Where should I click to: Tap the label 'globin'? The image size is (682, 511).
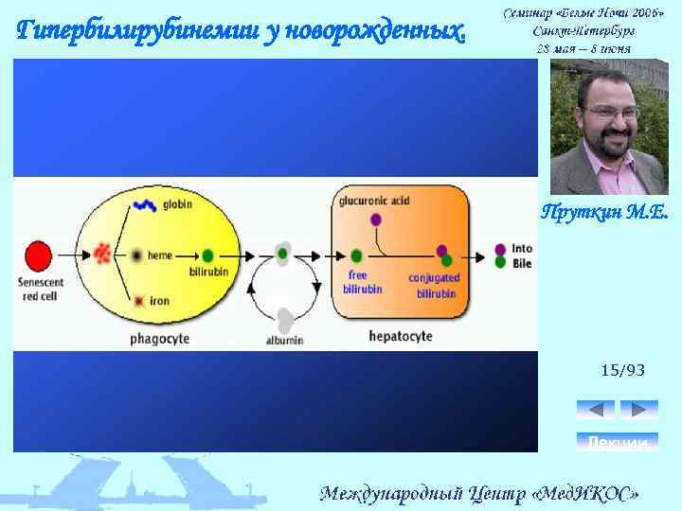click(177, 204)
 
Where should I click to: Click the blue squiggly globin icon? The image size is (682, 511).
click(145, 204)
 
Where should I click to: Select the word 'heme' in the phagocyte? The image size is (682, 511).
click(160, 255)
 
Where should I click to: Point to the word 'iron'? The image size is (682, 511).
click(159, 301)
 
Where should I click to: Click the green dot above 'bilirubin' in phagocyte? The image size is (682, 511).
click(206, 255)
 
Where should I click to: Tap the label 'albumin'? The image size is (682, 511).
click(284, 340)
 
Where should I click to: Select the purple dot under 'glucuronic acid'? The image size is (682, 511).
click(376, 220)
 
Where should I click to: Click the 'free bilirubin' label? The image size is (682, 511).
click(362, 282)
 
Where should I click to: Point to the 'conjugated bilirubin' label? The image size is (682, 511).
click(435, 285)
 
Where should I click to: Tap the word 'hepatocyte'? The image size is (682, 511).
click(400, 336)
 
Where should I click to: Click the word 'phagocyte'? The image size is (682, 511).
click(160, 338)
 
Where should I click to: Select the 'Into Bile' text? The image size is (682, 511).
click(522, 255)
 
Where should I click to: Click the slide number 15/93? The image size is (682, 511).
click(622, 370)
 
